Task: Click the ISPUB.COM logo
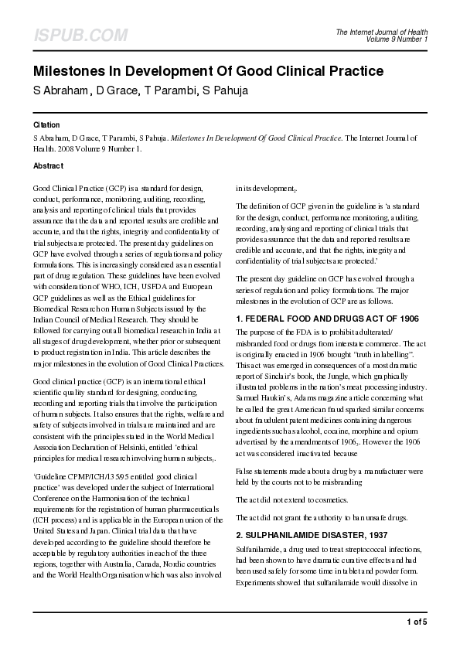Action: click(80, 36)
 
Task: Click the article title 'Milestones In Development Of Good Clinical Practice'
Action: click(208, 73)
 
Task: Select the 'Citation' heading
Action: click(47, 124)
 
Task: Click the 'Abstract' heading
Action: click(49, 165)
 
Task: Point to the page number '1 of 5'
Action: click(415, 621)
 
